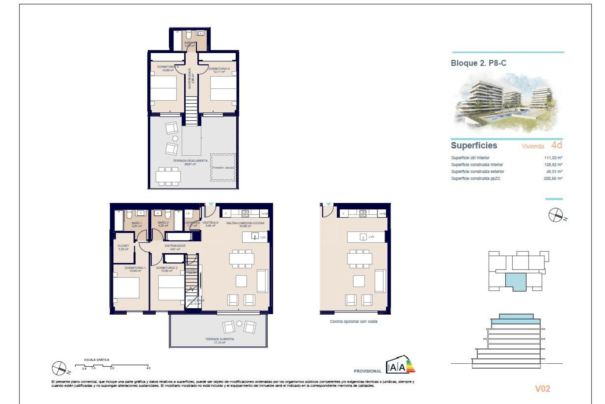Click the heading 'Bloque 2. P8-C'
point(478,63)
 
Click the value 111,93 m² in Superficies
point(553,158)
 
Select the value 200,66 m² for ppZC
point(553,179)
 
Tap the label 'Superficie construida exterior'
point(477,172)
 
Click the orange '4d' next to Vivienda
point(556,145)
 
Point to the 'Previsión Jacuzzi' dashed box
point(223,167)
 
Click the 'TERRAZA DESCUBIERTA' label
point(190,161)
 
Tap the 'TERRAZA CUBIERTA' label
point(220,339)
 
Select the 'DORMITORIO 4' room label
point(219,69)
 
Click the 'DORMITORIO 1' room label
point(135,268)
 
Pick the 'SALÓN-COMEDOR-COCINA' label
point(245,223)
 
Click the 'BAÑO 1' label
point(137,223)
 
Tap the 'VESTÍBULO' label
point(210,223)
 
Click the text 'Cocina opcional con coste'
point(354,322)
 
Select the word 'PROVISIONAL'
point(367,371)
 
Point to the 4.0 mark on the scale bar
point(148,368)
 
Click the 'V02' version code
point(542,389)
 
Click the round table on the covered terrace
point(239,324)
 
